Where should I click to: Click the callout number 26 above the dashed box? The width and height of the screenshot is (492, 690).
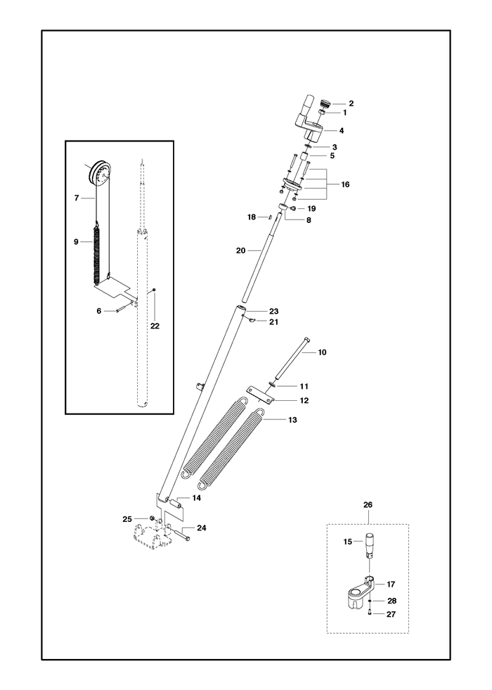tap(368, 505)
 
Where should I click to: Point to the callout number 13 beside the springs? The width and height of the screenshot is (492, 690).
tap(292, 420)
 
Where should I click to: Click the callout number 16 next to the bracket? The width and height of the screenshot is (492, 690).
tap(345, 184)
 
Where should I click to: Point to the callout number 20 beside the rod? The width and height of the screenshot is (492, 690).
tap(241, 250)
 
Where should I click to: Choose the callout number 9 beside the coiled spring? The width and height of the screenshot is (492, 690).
tap(76, 241)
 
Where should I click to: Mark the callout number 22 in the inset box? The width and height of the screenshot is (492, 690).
tap(155, 326)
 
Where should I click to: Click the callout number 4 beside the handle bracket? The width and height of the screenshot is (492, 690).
tap(341, 131)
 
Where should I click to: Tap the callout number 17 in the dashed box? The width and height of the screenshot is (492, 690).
tap(391, 584)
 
